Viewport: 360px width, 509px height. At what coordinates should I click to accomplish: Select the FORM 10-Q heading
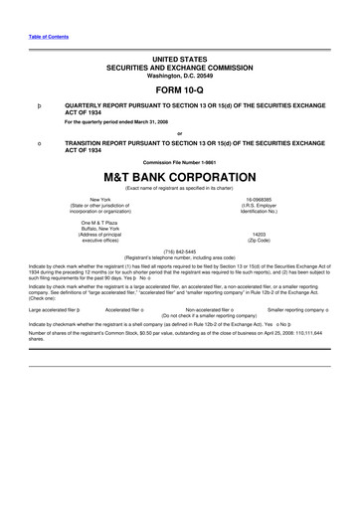[x=179, y=90]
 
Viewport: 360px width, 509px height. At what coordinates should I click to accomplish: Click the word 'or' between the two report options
[x=180, y=132]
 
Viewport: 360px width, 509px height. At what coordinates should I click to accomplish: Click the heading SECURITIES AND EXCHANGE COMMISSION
[x=180, y=67]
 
